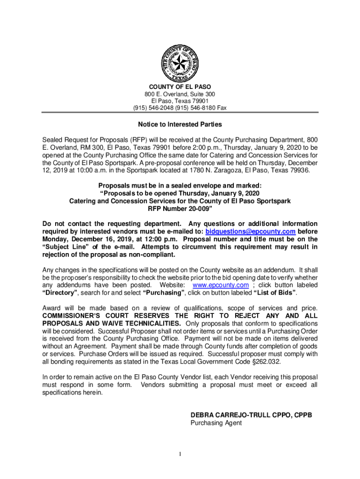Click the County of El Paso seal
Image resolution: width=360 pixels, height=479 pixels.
(x=180, y=64)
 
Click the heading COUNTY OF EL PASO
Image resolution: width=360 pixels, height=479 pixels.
(x=180, y=87)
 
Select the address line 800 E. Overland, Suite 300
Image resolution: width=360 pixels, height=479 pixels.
(x=180, y=94)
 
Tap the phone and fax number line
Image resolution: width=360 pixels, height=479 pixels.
(x=180, y=108)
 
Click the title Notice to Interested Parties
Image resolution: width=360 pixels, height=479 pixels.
(x=180, y=125)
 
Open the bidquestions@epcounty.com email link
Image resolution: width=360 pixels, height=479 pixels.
(x=251, y=232)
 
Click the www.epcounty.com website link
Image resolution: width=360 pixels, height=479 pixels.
(x=221, y=285)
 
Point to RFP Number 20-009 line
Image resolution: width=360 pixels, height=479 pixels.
(x=180, y=208)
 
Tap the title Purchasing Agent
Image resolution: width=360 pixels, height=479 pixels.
(x=216, y=423)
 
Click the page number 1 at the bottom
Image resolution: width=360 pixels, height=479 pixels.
(x=180, y=454)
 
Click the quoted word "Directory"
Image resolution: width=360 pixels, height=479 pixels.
(x=60, y=293)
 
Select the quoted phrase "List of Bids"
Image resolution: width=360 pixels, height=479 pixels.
(x=274, y=293)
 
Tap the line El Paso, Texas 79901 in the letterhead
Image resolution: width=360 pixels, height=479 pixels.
(x=180, y=101)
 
